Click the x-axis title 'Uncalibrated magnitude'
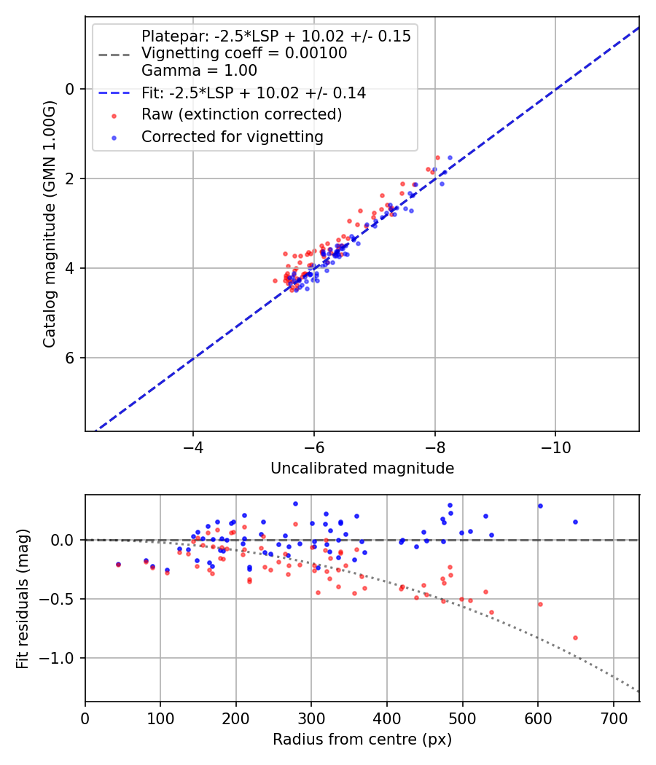click(x=362, y=468)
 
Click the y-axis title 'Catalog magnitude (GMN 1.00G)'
click(x=50, y=224)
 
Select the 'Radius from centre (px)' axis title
click(x=362, y=739)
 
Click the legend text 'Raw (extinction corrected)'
click(x=241, y=114)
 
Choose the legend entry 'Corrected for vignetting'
click(x=232, y=136)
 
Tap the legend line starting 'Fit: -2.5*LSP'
click(x=254, y=93)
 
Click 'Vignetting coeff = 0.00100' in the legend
click(x=244, y=53)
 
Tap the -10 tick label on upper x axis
click(x=555, y=446)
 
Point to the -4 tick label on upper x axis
click(x=193, y=446)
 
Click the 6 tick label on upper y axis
click(x=71, y=358)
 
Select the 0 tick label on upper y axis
click(x=71, y=89)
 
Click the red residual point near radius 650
click(x=575, y=637)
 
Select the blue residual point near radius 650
click(x=575, y=522)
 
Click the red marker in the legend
click(x=113, y=115)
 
